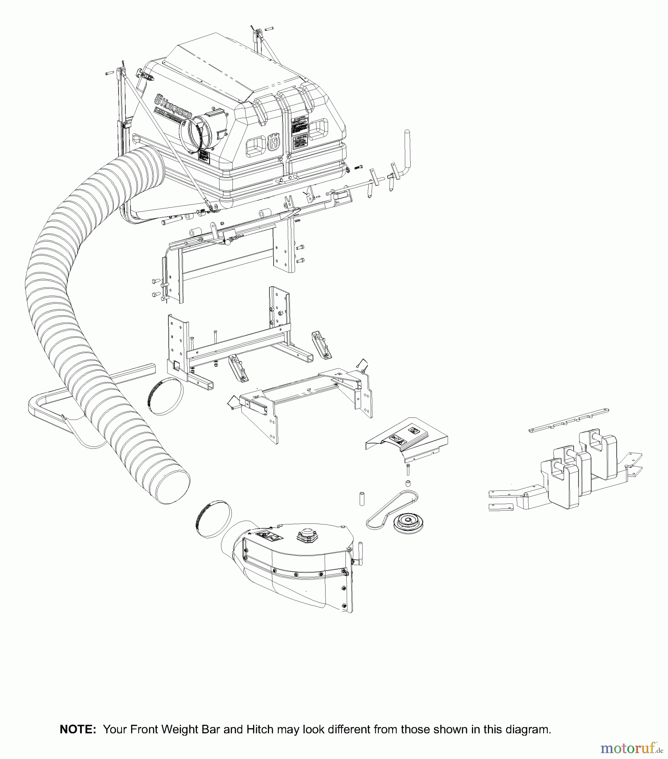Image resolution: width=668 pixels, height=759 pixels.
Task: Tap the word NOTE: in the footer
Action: [78, 729]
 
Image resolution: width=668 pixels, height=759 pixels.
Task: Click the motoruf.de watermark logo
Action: [631, 748]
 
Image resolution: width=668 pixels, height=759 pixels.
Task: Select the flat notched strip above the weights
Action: [568, 420]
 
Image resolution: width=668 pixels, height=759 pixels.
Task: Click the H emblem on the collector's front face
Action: [274, 142]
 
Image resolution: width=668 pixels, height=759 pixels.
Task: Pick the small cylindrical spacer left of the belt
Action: [361, 498]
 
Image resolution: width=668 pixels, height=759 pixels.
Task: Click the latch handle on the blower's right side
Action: [361, 553]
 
